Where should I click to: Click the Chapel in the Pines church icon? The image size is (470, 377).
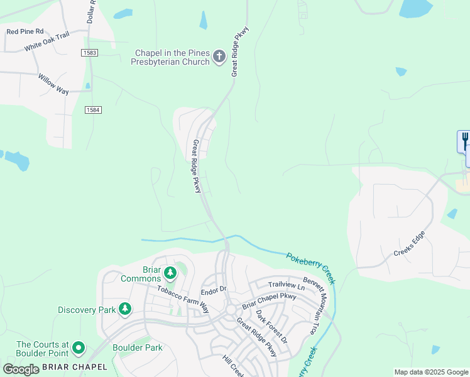pyautogui.click(x=219, y=57)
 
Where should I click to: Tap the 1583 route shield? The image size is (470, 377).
pyautogui.click(x=89, y=53)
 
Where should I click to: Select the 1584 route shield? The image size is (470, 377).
pyautogui.click(x=93, y=110)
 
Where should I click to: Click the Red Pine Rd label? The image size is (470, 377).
pyautogui.click(x=25, y=31)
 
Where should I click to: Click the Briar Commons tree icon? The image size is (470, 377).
pyautogui.click(x=170, y=273)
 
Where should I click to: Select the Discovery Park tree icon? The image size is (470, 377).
pyautogui.click(x=126, y=309)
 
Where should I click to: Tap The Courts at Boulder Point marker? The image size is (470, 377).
pyautogui.click(x=79, y=347)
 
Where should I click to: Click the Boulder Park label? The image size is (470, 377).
pyautogui.click(x=138, y=347)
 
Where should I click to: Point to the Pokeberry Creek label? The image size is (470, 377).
pyautogui.click(x=310, y=268)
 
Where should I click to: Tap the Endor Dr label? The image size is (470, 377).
pyautogui.click(x=213, y=291)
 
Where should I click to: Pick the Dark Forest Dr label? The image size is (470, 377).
pyautogui.click(x=271, y=326)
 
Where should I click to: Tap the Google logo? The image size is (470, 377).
pyautogui.click(x=21, y=369)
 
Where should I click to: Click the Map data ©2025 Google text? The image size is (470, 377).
pyautogui.click(x=430, y=372)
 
